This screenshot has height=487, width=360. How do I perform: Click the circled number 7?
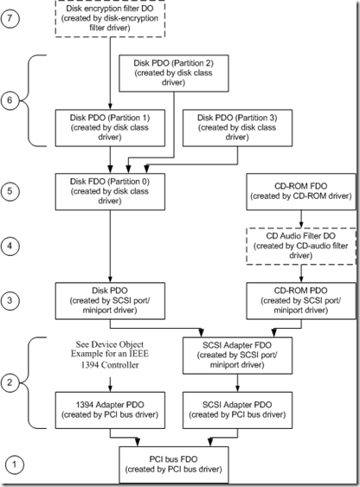[10, 18]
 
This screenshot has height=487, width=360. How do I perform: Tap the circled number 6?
[10, 100]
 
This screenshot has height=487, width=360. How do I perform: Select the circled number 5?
[10, 191]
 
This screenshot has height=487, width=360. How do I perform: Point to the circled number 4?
[10, 246]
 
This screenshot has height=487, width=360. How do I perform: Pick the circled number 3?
[10, 301]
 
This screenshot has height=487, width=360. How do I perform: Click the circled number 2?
[10, 382]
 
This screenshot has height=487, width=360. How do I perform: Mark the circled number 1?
[14, 465]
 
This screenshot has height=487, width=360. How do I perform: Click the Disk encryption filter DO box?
[110, 19]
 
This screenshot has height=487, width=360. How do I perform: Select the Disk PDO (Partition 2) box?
[174, 74]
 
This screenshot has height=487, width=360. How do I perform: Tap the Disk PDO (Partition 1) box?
[110, 128]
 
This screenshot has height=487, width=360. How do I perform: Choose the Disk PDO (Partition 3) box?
[238, 128]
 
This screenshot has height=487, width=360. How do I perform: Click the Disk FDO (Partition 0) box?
[110, 192]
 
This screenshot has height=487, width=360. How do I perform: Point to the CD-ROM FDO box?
[301, 192]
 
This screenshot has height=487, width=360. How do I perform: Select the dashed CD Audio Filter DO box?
[301, 247]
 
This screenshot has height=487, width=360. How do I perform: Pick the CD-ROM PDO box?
[301, 301]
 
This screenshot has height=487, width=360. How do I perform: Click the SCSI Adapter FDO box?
[238, 356]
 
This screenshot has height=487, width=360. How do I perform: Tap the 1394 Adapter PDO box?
[110, 410]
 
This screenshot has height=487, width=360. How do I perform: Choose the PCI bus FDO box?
[174, 465]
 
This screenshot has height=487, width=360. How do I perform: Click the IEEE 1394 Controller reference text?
[110, 355]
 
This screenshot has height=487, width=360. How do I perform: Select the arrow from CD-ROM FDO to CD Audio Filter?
[301, 219]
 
